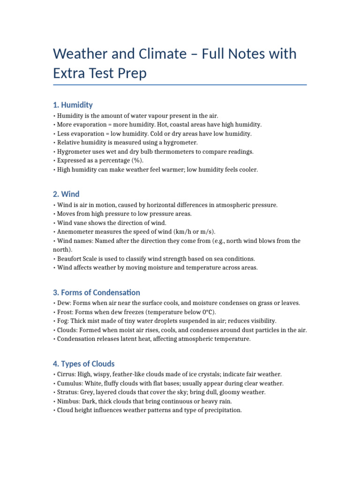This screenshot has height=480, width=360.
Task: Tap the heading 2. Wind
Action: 66,194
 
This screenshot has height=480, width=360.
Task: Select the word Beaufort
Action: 71,258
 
